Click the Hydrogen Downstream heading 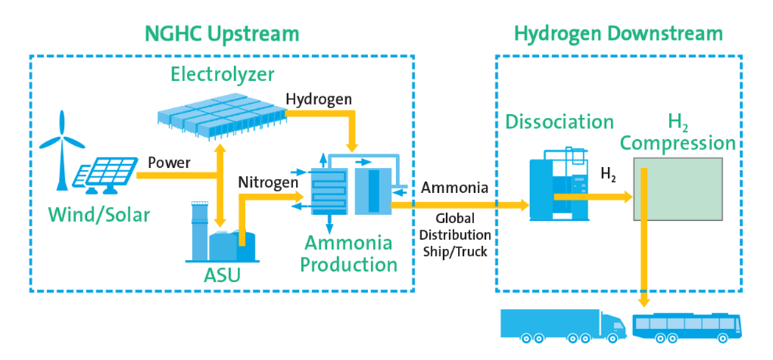(618, 33)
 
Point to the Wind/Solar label (99, 215)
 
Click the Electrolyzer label (222, 74)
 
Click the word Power (169, 162)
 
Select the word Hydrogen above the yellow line (319, 99)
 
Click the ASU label (222, 277)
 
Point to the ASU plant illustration (222, 236)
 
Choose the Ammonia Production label (351, 253)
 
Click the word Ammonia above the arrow (454, 188)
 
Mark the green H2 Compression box (678, 188)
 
